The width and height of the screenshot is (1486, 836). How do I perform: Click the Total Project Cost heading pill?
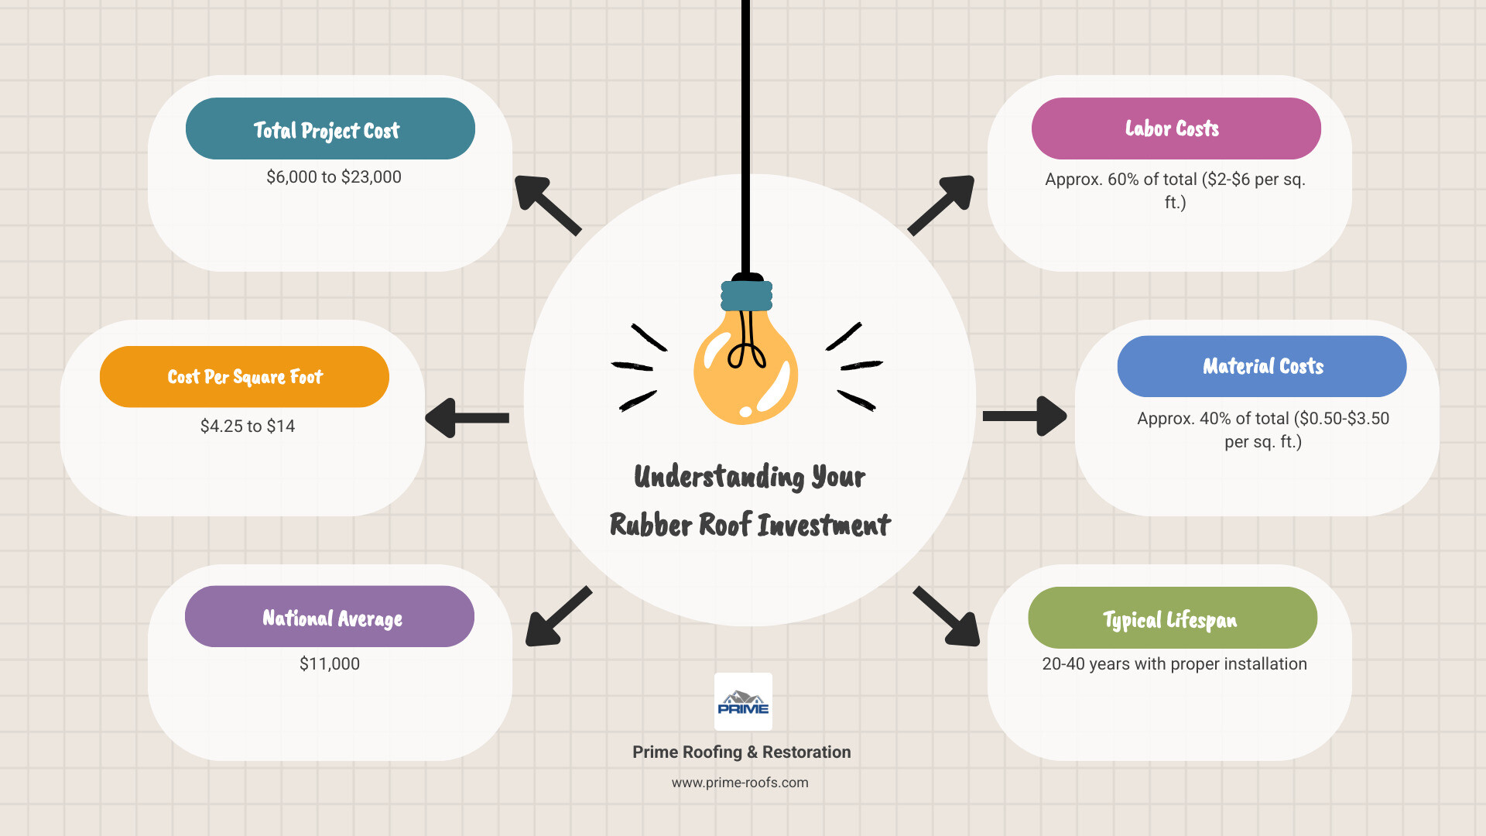pos(330,128)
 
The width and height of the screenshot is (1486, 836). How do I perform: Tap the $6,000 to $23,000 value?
pos(334,177)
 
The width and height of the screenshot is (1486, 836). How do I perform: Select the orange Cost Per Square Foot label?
pos(245,377)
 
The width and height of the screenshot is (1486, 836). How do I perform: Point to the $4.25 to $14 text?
pos(248,427)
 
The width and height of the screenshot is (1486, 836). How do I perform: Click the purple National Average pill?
pos(330,617)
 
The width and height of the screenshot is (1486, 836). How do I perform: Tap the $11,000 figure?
pos(330,664)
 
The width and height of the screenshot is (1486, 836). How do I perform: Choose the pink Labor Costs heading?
pos(1175,128)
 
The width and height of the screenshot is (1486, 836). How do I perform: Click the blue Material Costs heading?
pos(1262,366)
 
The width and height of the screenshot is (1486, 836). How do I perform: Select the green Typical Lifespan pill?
pos(1172,618)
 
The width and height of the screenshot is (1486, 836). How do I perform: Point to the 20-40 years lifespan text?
pos(1174,664)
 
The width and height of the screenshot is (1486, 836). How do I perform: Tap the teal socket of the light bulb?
pos(746,296)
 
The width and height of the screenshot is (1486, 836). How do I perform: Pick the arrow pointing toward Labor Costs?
pos(941,204)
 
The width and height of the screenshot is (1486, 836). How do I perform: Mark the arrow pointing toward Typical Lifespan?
pos(947,616)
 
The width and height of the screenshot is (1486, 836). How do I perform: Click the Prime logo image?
pos(743,702)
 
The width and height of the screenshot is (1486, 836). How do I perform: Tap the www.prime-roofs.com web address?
pos(740,783)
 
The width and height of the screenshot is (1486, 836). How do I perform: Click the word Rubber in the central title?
pos(650,525)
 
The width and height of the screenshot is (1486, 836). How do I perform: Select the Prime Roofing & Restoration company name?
pos(741,752)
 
